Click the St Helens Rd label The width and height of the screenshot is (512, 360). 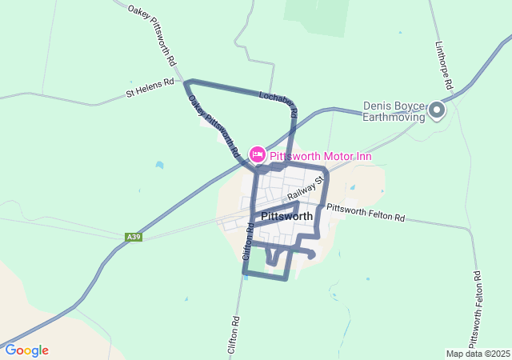point(150,87)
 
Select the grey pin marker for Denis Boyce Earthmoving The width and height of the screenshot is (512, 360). point(437,110)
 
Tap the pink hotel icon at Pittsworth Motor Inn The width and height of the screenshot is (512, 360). point(257,154)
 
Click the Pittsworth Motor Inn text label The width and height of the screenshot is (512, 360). point(320,155)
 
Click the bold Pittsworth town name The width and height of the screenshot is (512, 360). point(286,216)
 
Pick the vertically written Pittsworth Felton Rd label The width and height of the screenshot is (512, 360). point(478,306)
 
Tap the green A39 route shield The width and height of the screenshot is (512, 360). point(134,237)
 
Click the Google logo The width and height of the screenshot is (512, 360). point(26,350)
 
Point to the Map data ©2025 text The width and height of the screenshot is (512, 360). point(478,354)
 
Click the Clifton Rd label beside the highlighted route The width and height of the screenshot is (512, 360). point(248,242)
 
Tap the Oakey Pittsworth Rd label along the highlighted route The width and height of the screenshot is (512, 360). point(213,125)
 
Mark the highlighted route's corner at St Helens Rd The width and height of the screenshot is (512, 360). point(188,82)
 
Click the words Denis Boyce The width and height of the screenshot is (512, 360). point(395,105)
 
